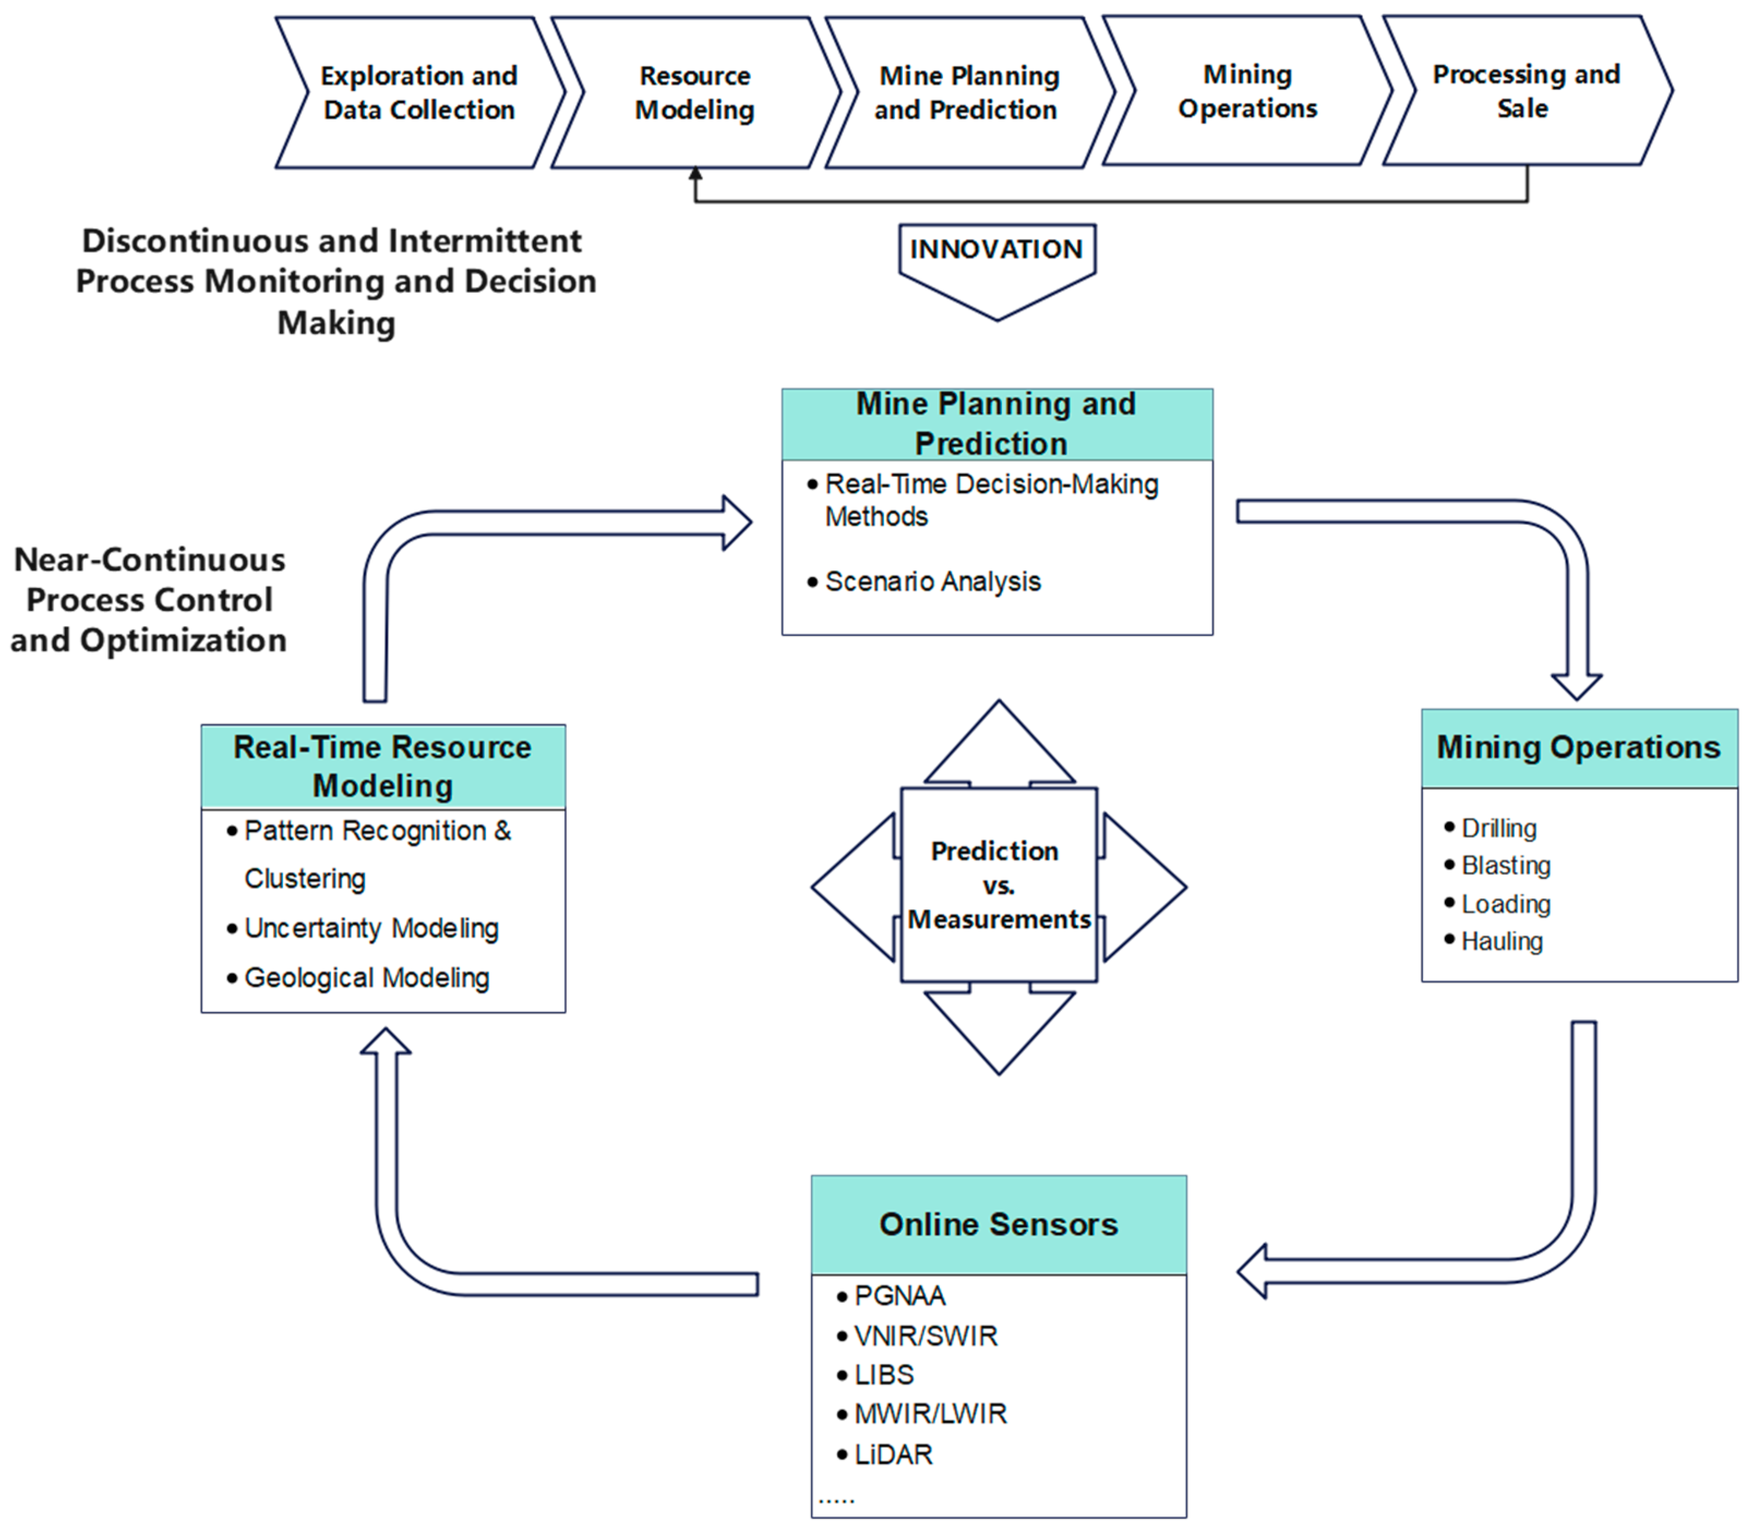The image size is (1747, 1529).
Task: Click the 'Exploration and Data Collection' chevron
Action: point(419,92)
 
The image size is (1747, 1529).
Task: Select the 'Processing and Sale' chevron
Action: point(1527,91)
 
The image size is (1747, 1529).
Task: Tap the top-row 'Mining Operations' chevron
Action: point(1247,91)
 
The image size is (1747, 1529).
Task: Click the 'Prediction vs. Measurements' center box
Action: point(999,885)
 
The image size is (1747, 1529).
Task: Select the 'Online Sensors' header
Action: point(999,1225)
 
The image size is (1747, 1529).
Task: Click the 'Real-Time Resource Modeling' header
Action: point(383,766)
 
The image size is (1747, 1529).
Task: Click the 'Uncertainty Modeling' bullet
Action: point(363,928)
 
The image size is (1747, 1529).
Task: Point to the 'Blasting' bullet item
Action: point(1498,865)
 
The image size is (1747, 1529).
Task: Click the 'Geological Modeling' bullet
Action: point(358,978)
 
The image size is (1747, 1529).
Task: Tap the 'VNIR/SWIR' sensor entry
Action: point(917,1336)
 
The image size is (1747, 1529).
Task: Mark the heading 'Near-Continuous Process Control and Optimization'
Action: point(149,600)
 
